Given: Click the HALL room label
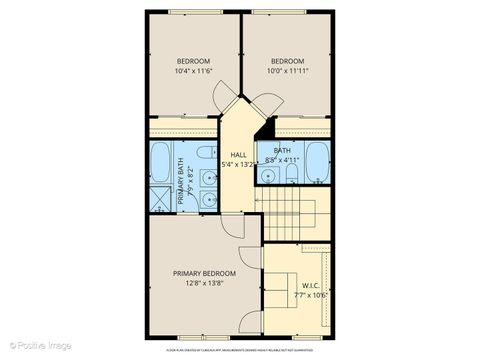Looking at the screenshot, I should [238, 154].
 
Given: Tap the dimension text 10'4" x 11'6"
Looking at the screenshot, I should [193, 71].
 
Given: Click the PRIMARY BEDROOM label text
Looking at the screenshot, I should [204, 274].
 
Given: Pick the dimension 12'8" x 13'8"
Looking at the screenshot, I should [204, 284].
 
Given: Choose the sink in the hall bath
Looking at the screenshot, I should [268, 175].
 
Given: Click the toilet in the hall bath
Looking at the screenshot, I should [290, 174].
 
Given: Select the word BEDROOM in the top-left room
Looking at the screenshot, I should [193, 61].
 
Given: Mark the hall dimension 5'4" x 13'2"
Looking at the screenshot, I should [238, 164].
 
